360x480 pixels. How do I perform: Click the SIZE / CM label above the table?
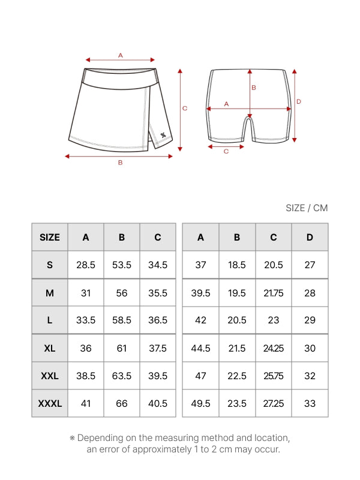307,208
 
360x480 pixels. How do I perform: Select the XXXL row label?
50,404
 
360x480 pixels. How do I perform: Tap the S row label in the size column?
50,265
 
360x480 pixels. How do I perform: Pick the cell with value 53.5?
122,265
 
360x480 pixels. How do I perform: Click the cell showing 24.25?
274,348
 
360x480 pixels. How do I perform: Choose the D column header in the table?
310,237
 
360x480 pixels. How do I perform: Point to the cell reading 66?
122,404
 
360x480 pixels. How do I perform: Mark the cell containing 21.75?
274,293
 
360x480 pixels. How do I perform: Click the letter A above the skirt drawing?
120,55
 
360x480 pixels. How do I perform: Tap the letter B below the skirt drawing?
120,163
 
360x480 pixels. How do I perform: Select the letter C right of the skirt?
185,108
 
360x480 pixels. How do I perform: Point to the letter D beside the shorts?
299,101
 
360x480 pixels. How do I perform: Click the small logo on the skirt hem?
163,135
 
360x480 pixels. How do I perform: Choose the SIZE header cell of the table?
50,237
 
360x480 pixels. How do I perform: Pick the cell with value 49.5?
200,404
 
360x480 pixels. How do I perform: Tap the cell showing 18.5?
237,265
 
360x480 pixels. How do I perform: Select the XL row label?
50,348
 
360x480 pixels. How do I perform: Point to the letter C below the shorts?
226,151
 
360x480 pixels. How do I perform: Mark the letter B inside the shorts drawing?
254,88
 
